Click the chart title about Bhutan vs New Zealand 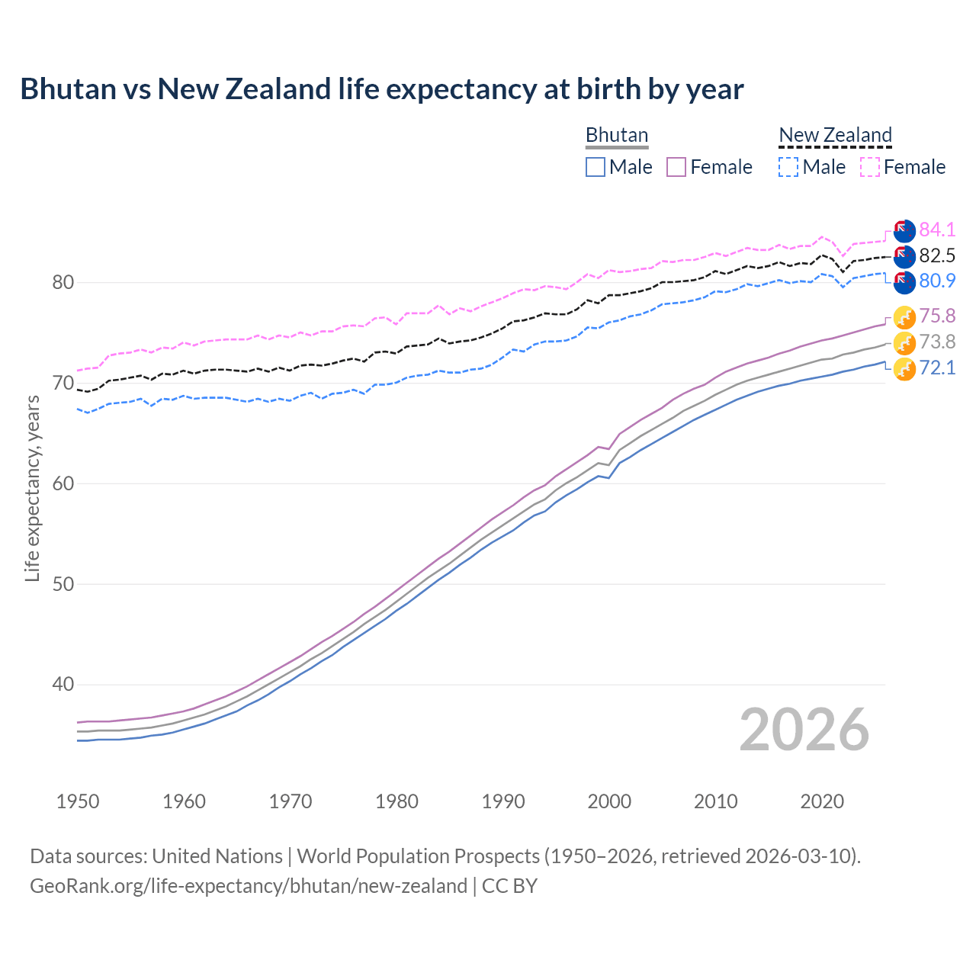click(x=381, y=89)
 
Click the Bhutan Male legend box click(x=596, y=167)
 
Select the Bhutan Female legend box click(x=676, y=167)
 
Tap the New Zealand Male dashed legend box click(x=788, y=167)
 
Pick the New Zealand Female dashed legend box click(x=870, y=167)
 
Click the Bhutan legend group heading click(x=616, y=136)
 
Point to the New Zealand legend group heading click(x=835, y=136)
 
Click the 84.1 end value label click(x=937, y=230)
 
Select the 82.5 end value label click(x=937, y=255)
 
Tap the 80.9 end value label click(x=937, y=281)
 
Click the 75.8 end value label click(x=937, y=316)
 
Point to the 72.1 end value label click(x=937, y=368)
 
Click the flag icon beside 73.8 click(x=904, y=342)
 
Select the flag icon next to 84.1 click(x=904, y=230)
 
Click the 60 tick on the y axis click(x=63, y=483)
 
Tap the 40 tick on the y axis click(x=63, y=685)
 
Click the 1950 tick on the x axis click(x=78, y=801)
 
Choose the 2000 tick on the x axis click(x=609, y=801)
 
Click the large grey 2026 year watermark click(x=804, y=730)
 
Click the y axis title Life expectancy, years click(x=33, y=488)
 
